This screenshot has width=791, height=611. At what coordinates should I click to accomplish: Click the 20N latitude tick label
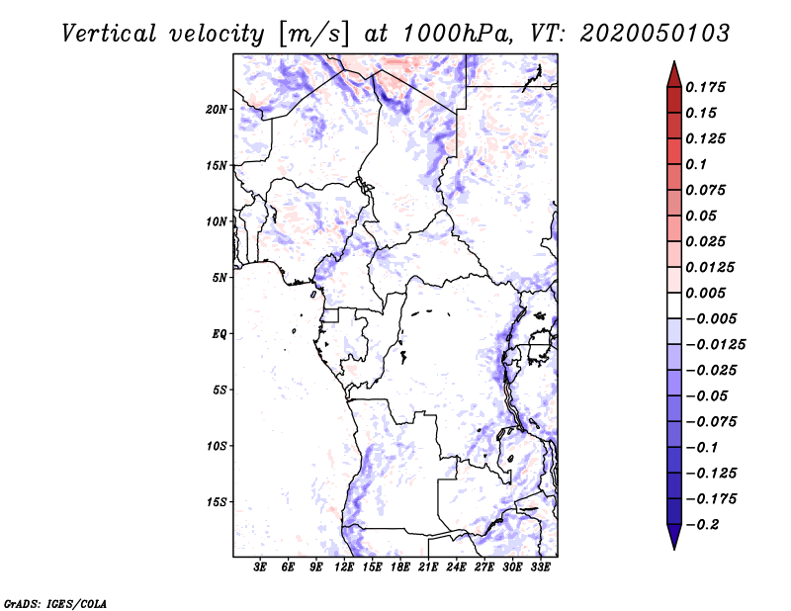point(217,109)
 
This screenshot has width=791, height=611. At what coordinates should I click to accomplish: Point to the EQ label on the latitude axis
point(219,334)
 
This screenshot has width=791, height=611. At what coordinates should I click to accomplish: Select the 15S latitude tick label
point(217,502)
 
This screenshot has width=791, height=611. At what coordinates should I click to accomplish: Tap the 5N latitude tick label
point(220,278)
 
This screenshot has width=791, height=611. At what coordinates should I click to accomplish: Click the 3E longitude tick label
point(261,567)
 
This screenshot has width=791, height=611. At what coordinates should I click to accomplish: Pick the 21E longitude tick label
point(428,567)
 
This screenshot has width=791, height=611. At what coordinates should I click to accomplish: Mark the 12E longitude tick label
point(344,567)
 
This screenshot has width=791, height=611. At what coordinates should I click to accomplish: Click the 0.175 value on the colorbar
point(708,87)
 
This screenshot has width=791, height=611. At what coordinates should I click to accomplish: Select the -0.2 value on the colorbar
point(708,524)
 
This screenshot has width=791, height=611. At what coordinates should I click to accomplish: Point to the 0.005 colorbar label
point(708,294)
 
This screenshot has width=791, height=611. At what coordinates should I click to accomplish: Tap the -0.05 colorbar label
point(708,396)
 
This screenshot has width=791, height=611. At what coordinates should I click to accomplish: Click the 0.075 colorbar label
point(708,190)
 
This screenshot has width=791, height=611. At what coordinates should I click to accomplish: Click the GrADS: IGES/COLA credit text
point(42,601)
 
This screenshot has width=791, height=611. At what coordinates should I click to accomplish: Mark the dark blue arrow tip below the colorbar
point(673,540)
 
